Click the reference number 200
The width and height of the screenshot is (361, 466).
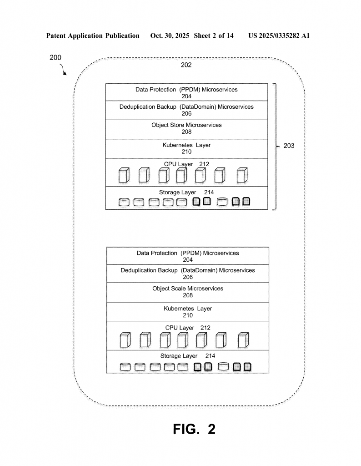tap(55, 58)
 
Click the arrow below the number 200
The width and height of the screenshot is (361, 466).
tap(63, 70)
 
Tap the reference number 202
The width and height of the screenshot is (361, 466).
tap(186, 65)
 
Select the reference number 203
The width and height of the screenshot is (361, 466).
tap(289, 146)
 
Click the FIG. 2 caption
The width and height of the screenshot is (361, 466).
tap(194, 429)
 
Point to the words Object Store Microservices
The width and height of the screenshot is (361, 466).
tap(186, 125)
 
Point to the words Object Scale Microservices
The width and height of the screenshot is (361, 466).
tap(188, 289)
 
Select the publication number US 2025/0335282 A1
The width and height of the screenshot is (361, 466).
tap(279, 35)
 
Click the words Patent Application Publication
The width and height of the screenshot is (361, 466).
tap(93, 35)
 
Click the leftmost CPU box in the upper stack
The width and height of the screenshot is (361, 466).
tap(124, 175)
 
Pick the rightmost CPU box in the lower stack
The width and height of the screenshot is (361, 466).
tap(243, 339)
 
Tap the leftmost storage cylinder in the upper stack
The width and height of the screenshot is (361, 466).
tap(124, 202)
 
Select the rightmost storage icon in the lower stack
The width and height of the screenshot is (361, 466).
tap(247, 366)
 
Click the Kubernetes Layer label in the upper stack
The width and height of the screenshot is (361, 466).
tap(186, 145)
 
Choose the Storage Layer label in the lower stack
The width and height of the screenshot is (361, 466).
tap(179, 356)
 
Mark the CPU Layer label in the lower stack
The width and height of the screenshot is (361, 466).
tap(180, 328)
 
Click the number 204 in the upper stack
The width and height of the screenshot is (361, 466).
tap(186, 96)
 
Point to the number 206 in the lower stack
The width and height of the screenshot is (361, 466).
tap(188, 277)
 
